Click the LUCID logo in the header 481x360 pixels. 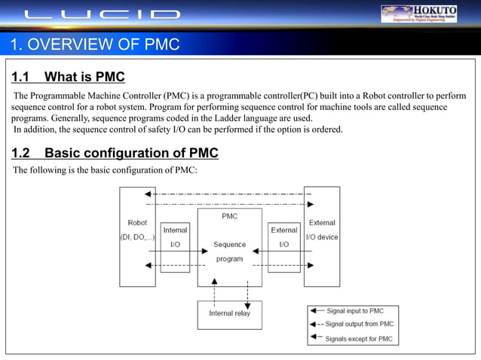click(102, 14)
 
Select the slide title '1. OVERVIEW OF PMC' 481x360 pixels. click(95, 44)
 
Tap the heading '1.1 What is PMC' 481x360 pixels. click(68, 77)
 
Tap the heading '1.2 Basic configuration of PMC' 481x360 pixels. click(115, 154)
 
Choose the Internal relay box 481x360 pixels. click(229, 314)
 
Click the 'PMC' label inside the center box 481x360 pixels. click(229, 216)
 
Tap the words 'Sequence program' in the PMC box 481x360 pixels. click(229, 252)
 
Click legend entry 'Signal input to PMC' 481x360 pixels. click(354, 311)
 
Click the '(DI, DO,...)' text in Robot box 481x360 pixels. click(137, 237)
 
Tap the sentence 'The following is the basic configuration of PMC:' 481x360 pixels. click(105, 170)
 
